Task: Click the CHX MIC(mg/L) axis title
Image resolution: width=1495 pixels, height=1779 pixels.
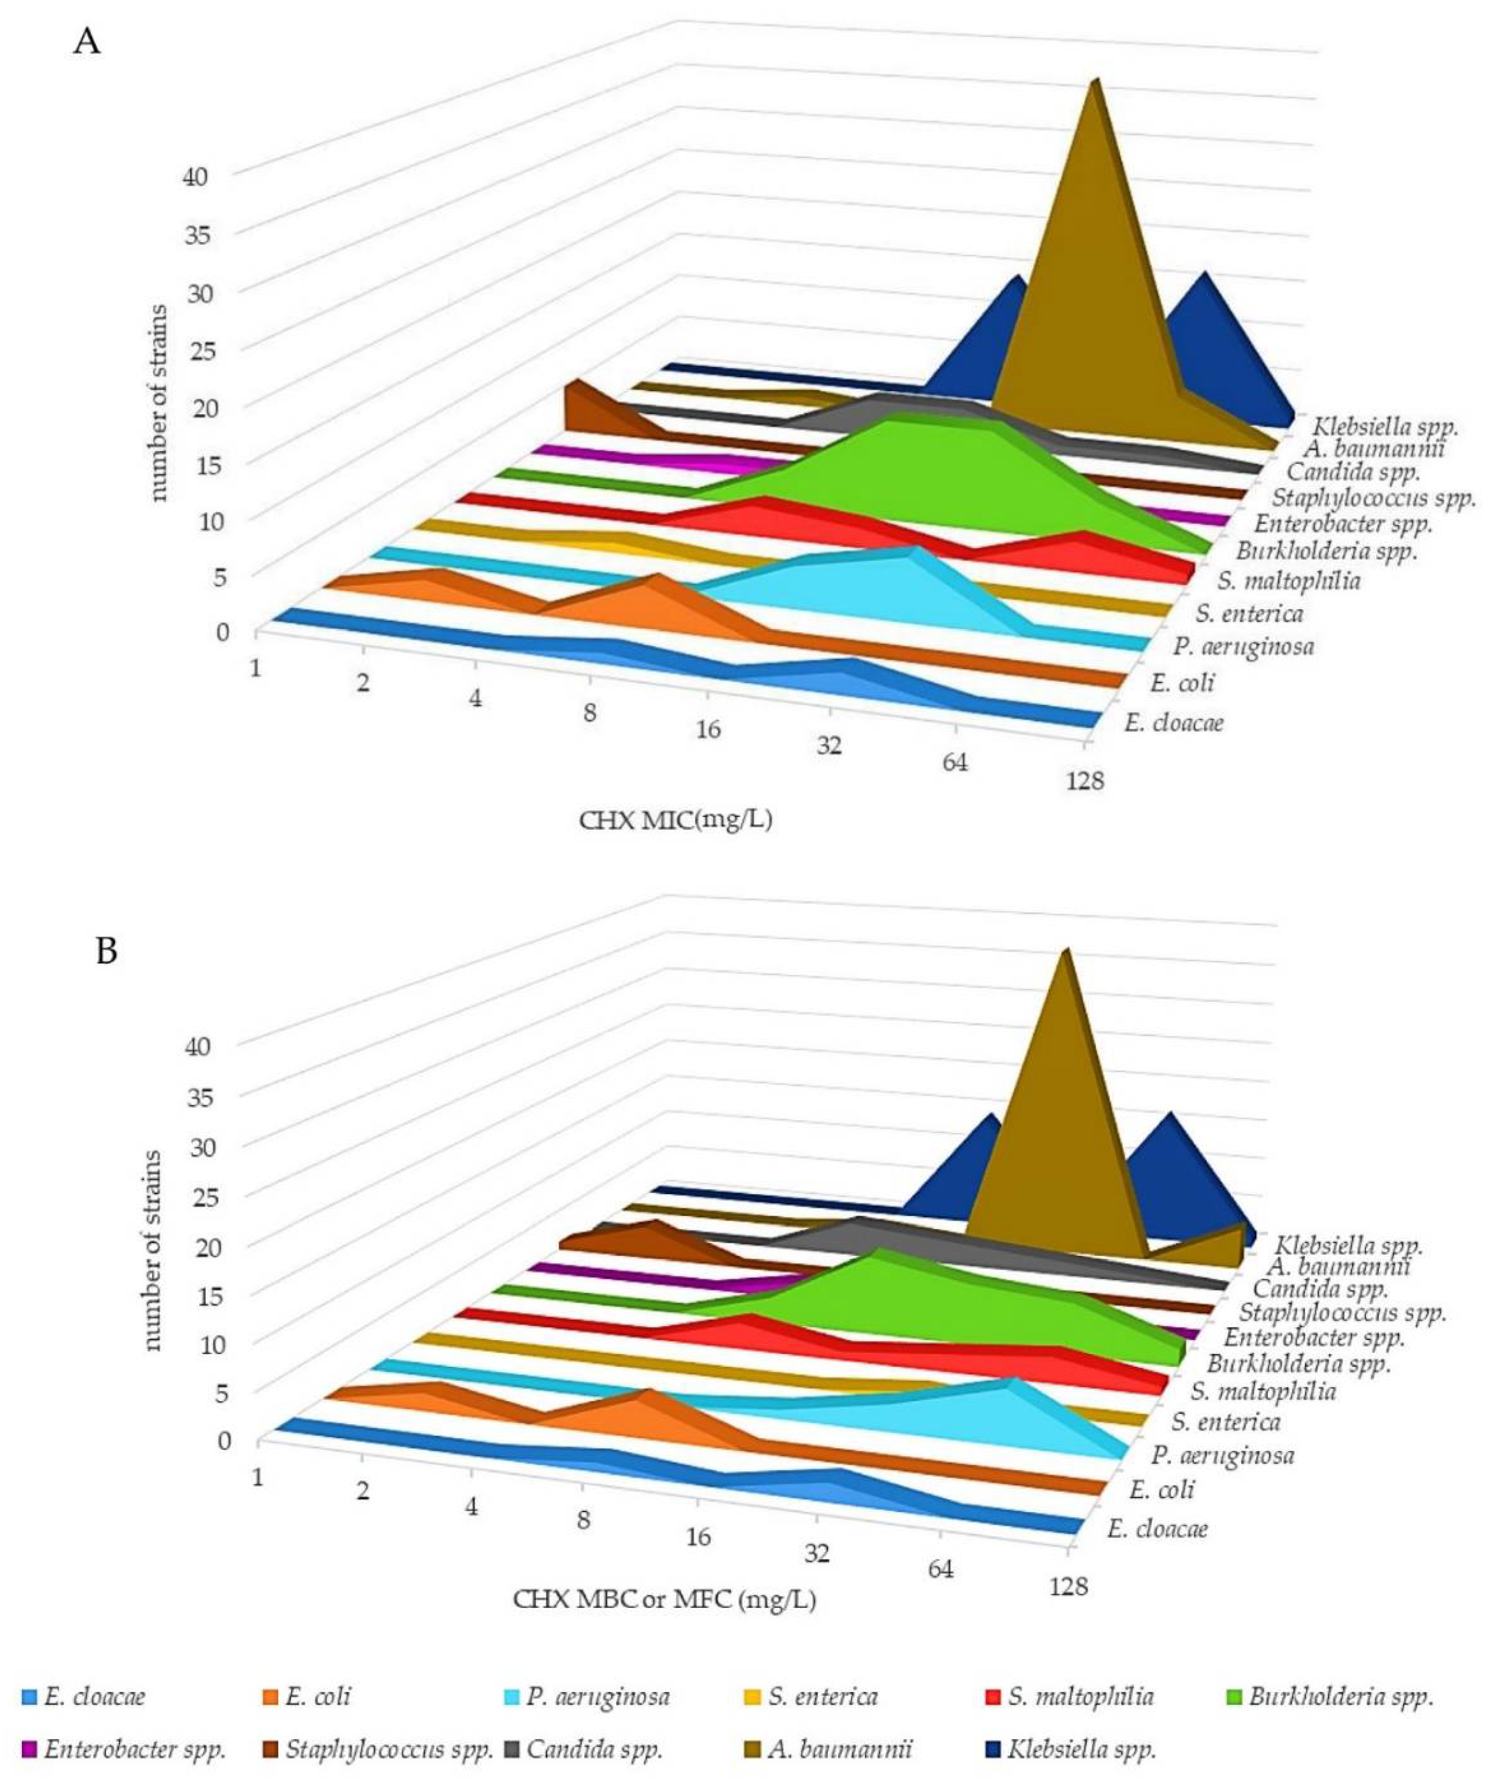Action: coord(676,820)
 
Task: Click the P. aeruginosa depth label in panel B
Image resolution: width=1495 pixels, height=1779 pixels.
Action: coord(1222,1455)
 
